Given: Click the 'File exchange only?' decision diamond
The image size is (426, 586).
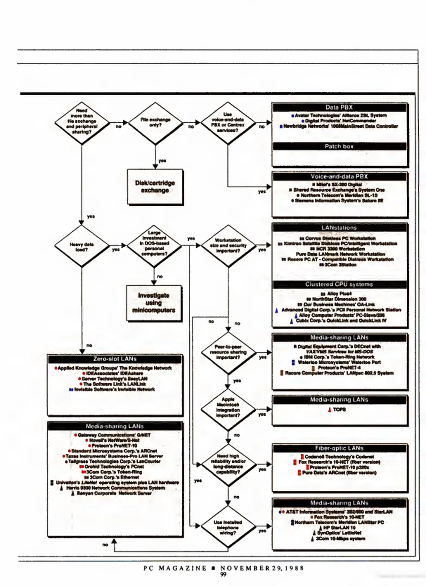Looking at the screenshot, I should click(x=155, y=123).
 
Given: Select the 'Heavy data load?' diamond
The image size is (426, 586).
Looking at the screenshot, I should click(x=81, y=246).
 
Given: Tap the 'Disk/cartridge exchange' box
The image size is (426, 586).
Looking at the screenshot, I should click(x=155, y=187).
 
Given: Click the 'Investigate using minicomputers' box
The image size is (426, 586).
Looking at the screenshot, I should click(x=154, y=303).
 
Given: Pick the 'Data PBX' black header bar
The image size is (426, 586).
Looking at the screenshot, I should click(x=339, y=107).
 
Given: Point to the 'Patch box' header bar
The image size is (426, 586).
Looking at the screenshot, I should click(x=339, y=146).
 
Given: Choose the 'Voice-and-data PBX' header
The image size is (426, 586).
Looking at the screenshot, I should click(x=339, y=176).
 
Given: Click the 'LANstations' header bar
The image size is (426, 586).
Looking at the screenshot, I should click(x=339, y=228).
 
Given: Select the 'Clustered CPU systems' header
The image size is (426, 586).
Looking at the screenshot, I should click(x=339, y=284).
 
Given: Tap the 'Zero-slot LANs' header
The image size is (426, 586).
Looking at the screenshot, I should click(x=115, y=359).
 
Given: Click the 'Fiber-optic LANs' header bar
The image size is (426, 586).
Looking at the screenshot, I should click(x=339, y=448).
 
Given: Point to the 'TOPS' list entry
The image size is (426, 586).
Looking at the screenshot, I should click(x=339, y=410).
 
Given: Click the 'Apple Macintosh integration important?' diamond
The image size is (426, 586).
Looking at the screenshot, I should click(x=228, y=407).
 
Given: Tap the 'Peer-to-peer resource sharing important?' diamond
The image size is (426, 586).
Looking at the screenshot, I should click(x=228, y=352).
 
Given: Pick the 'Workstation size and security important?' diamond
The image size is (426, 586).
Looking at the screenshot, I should click(x=228, y=246).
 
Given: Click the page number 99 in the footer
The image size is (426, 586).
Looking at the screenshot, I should click(x=223, y=574).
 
